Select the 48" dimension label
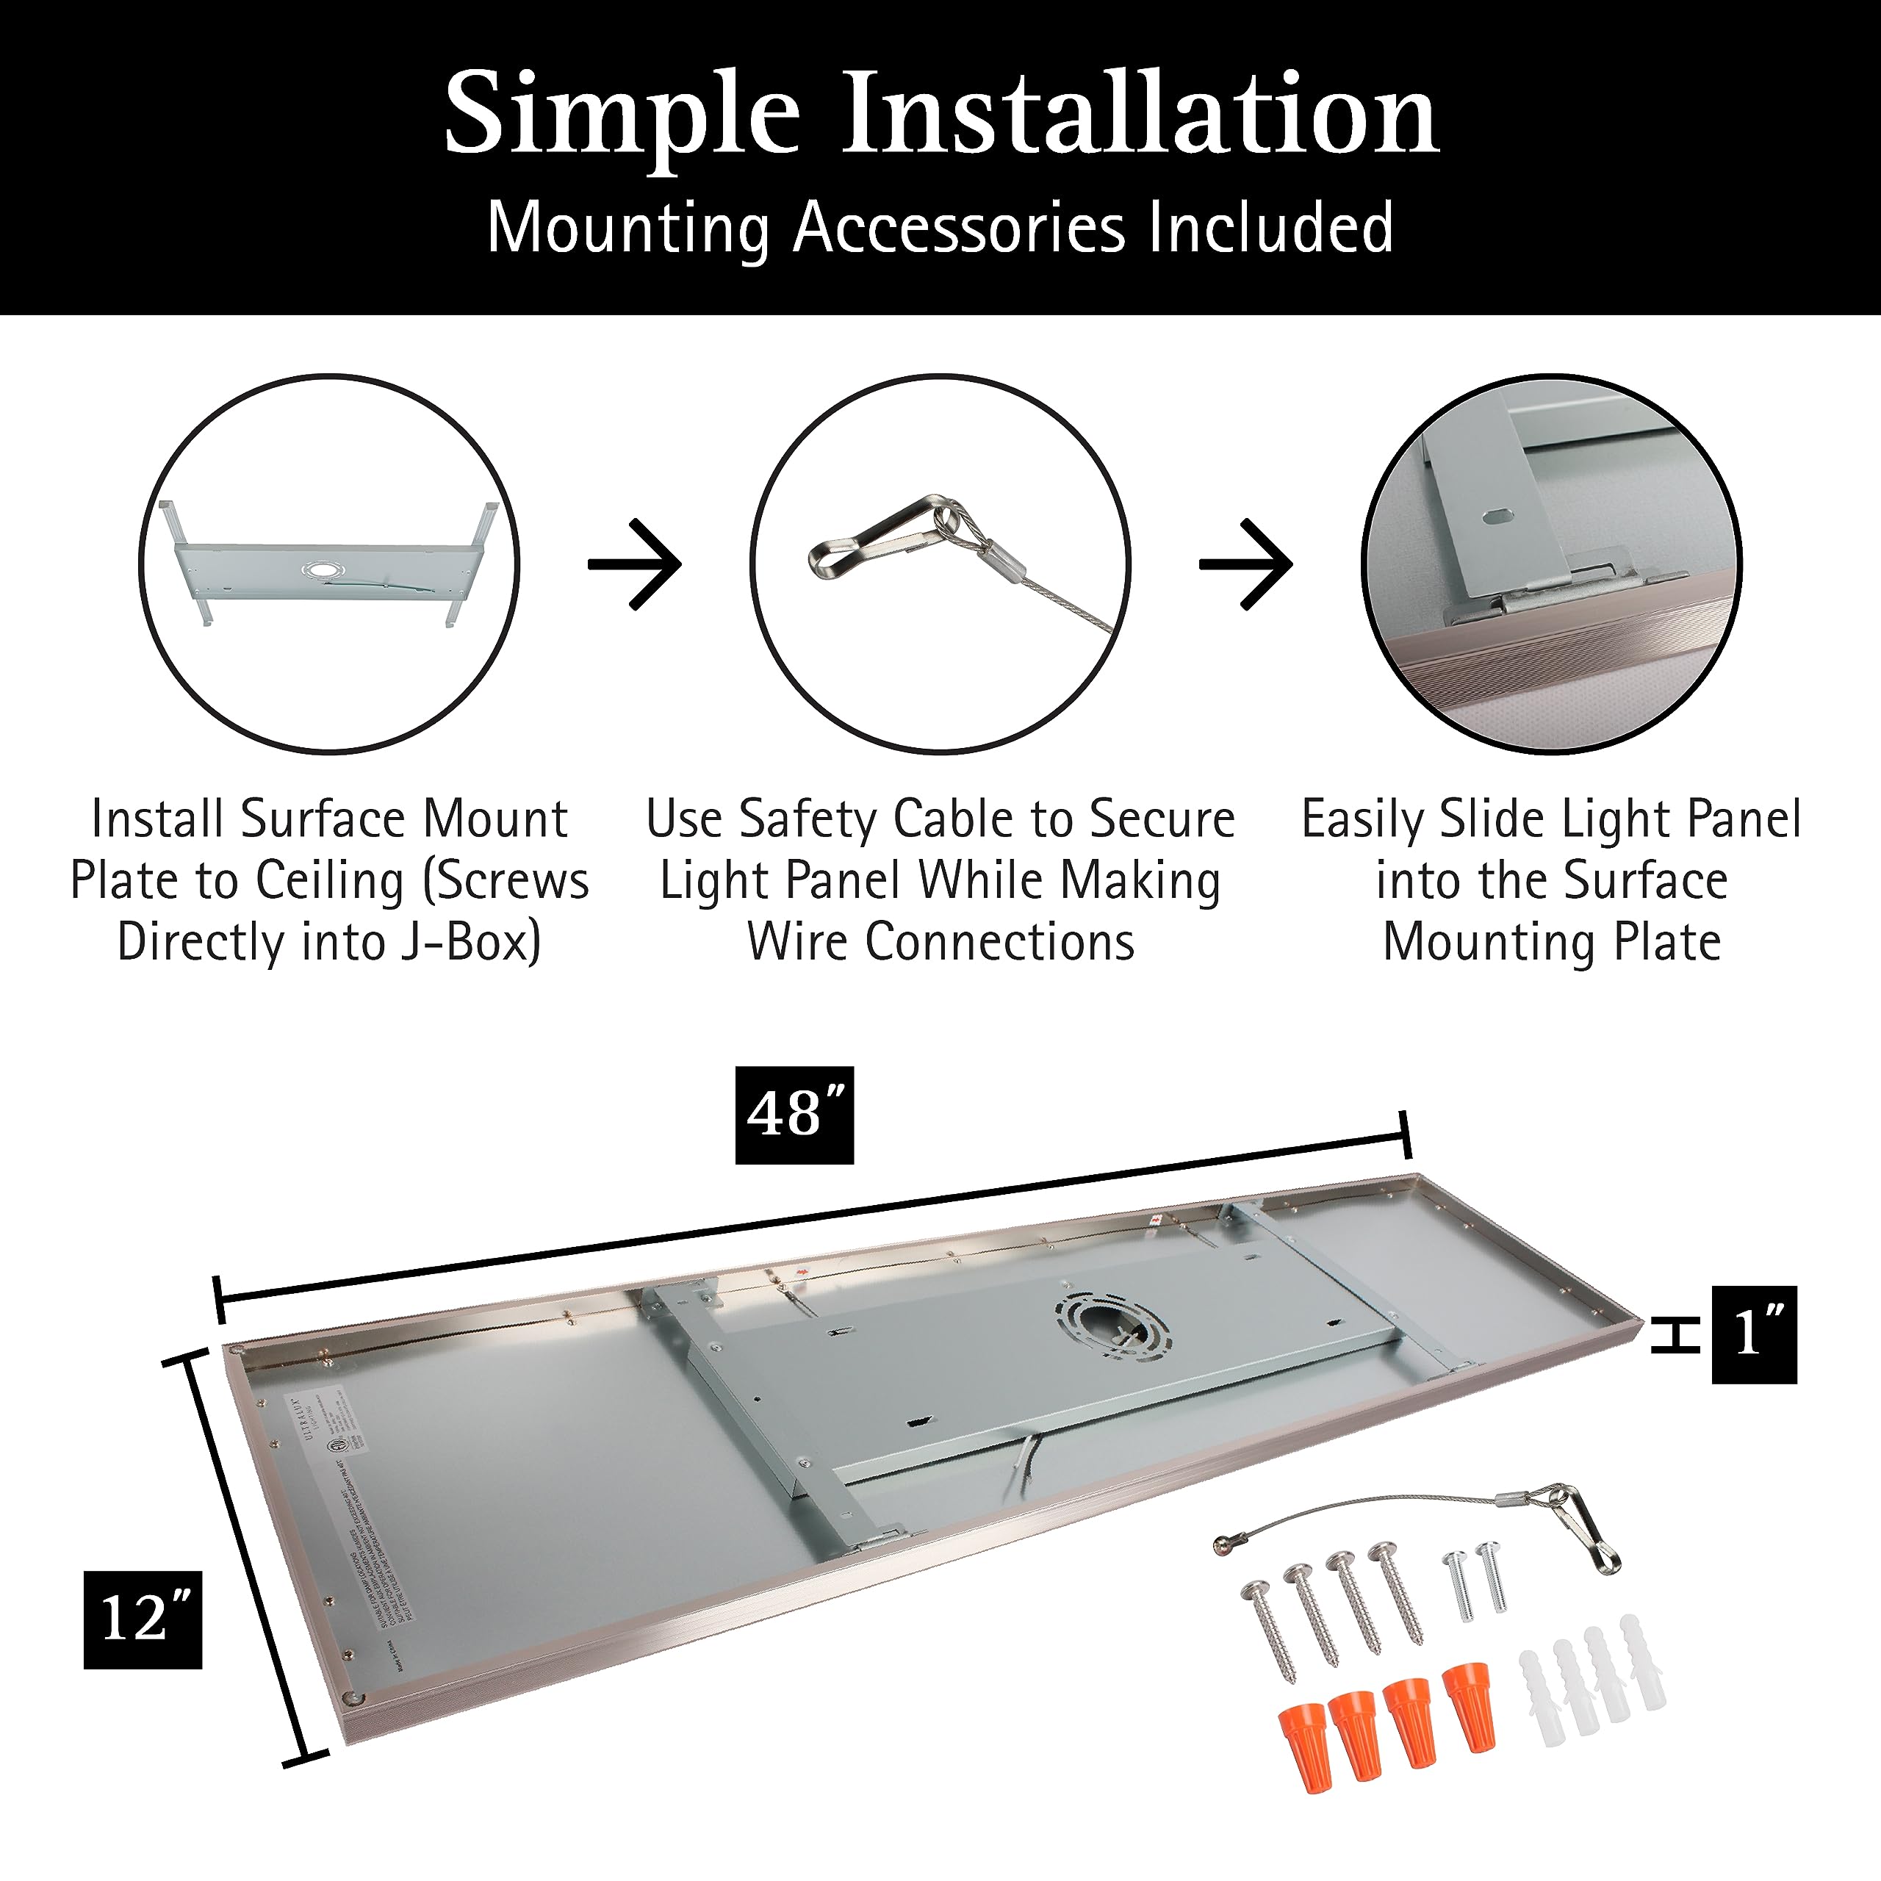pos(794,1115)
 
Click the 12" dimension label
pos(143,1620)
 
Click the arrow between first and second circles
pos(635,565)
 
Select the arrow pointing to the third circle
pos(1246,565)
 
